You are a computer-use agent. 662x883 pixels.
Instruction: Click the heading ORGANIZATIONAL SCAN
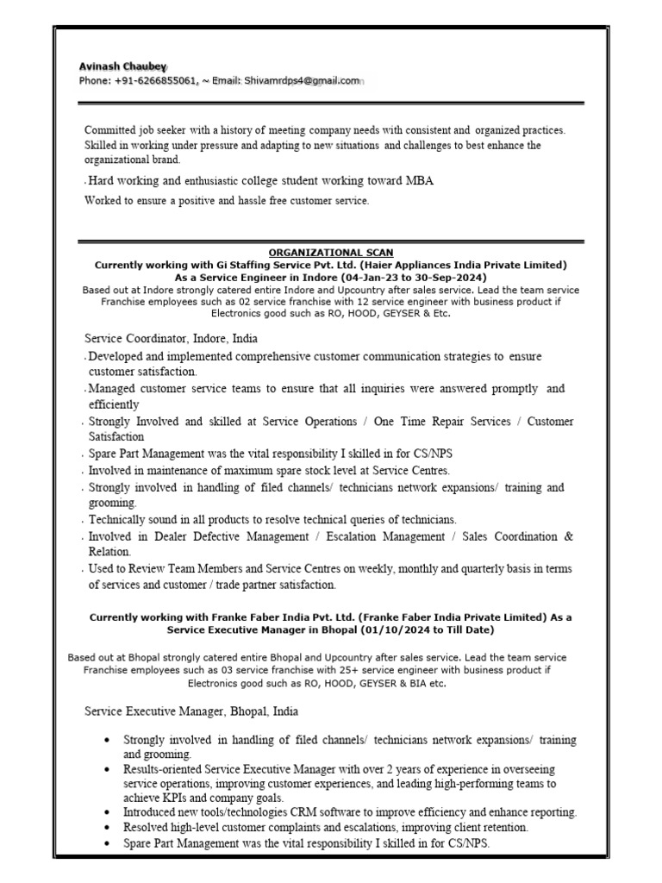pyautogui.click(x=331, y=253)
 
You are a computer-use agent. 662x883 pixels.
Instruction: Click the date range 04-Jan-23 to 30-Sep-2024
pyautogui.click(x=404, y=278)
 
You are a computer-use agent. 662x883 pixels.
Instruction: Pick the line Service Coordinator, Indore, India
pyautogui.click(x=171, y=339)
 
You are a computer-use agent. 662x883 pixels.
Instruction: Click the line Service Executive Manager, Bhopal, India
pyautogui.click(x=191, y=712)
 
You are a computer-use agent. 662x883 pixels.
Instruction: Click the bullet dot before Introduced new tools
pyautogui.click(x=106, y=813)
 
